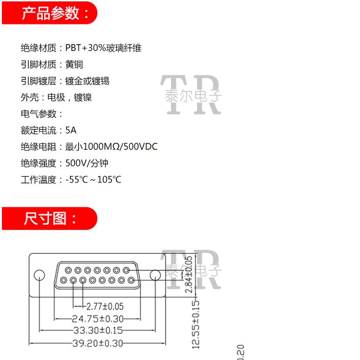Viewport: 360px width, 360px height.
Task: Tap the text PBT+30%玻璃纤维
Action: pyautogui.click(x=103, y=48)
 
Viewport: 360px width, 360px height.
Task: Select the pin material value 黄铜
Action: pyautogui.click(x=74, y=64)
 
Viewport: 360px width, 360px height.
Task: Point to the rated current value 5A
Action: pyautogui.click(x=71, y=130)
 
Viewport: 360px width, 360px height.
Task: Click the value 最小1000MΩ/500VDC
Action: pyautogui.click(x=111, y=147)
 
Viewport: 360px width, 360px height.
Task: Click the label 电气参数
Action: pyautogui.click(x=41, y=114)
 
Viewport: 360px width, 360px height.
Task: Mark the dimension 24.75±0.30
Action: pyautogui.click(x=97, y=318)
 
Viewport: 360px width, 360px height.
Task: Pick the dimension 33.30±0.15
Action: pyautogui.click(x=97, y=331)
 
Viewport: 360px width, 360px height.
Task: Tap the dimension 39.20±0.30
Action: pyautogui.click(x=97, y=343)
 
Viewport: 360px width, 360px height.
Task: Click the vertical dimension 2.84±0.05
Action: pyautogui.click(x=189, y=275)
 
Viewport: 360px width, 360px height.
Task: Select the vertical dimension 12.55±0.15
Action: pyautogui.click(x=195, y=324)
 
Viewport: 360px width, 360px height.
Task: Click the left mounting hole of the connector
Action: pyautogui.click(x=39, y=275)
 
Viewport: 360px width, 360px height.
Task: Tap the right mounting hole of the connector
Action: pyautogui.click(x=155, y=275)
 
